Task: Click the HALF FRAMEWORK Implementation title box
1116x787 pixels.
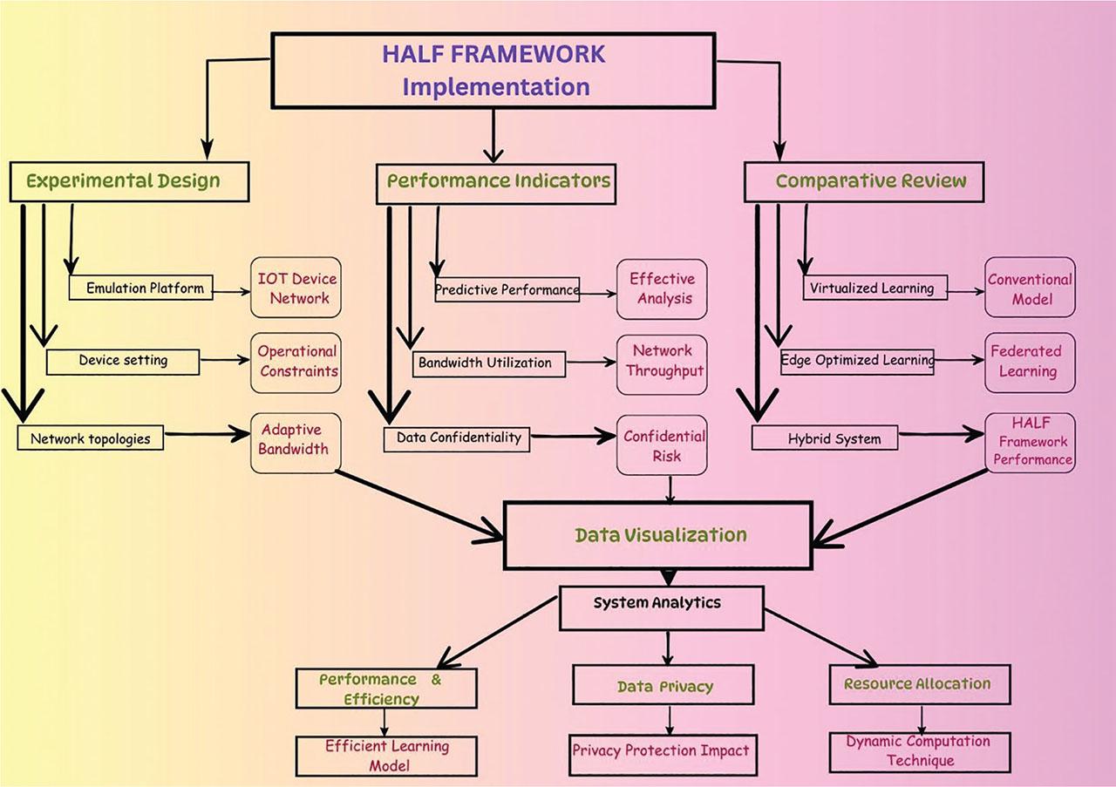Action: (493, 71)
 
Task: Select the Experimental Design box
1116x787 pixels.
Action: (129, 181)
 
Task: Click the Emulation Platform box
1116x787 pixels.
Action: (140, 288)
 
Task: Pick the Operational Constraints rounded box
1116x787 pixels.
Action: (296, 361)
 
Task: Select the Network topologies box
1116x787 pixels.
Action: (90, 438)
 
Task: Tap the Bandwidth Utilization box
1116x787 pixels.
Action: (489, 363)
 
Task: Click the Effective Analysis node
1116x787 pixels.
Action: (662, 288)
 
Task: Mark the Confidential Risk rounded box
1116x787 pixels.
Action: (662, 444)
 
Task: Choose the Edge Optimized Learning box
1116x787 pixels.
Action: (856, 359)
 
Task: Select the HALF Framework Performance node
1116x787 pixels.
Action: (1030, 442)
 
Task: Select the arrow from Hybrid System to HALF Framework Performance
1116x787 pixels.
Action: (942, 434)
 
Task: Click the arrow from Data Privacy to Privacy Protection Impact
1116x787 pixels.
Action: (670, 720)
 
